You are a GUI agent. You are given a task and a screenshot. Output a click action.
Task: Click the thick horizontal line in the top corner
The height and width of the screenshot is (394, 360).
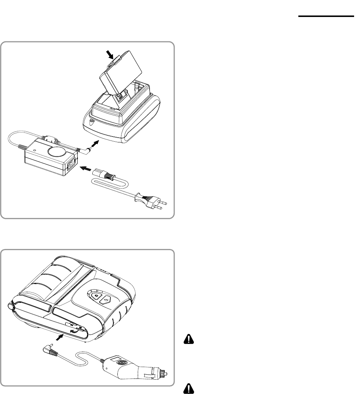coord(325,16)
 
